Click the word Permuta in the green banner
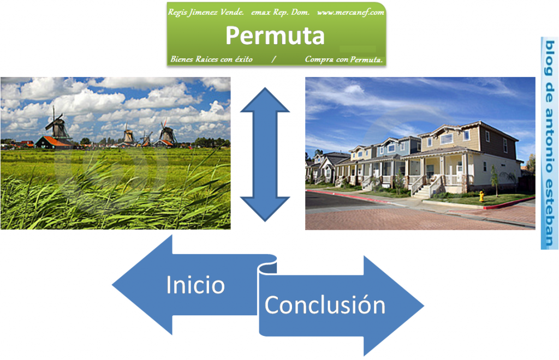(x=275, y=36)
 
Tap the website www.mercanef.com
(x=350, y=11)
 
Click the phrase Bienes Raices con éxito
(x=211, y=59)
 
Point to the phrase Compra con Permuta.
(x=344, y=59)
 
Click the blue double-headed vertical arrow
(x=265, y=154)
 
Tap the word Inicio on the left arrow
(x=195, y=285)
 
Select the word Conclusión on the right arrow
(x=325, y=305)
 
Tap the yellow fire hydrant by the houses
(x=481, y=196)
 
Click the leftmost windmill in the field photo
(x=56, y=125)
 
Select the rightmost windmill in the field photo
(x=166, y=133)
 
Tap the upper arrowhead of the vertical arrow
(x=265, y=101)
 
